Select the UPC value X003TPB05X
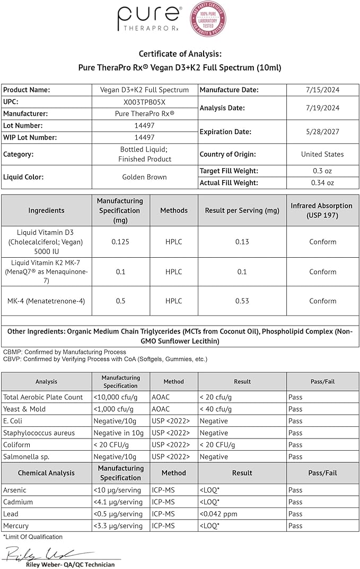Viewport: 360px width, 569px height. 144,102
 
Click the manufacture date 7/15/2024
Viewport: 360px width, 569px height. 322,90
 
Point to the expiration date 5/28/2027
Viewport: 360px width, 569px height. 322,132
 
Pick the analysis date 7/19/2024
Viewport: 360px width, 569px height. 322,108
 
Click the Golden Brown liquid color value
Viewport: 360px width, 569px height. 144,177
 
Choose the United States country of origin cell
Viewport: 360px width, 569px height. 322,154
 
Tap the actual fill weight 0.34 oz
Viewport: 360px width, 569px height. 322,183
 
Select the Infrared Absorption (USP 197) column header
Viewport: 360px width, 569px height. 322,211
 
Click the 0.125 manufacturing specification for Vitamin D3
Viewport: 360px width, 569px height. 120,242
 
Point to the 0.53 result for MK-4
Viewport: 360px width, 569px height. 242,301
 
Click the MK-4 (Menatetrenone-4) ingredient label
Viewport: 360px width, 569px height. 46,301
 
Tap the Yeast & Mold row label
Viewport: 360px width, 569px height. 24,409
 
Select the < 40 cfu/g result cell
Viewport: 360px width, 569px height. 216,409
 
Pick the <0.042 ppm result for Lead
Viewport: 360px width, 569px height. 218,514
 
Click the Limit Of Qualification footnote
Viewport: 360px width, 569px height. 33,537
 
